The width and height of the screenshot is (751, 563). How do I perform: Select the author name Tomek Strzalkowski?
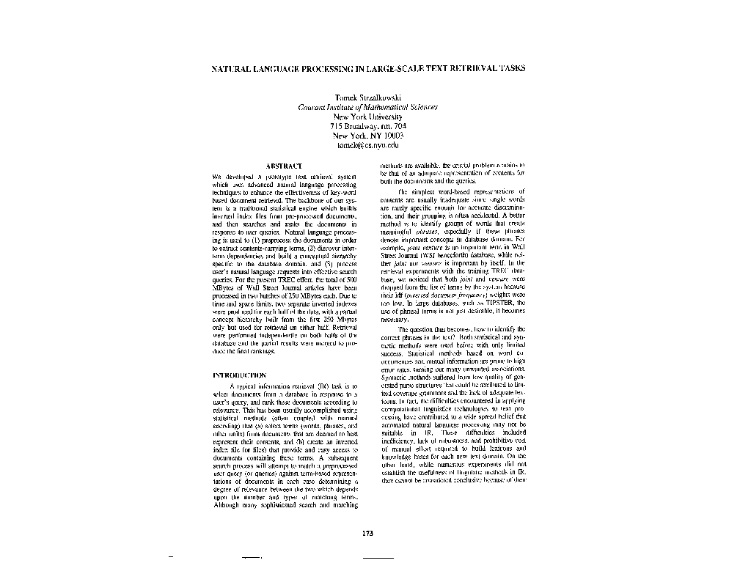point(367,97)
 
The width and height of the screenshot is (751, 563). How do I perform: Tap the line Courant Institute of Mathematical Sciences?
point(367,107)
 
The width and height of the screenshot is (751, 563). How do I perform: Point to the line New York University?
point(367,117)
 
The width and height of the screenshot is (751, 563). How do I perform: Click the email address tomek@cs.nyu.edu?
point(367,145)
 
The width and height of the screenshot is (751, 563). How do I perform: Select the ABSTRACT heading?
point(284,167)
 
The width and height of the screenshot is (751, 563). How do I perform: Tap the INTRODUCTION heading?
point(239,375)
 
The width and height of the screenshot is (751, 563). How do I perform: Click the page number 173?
point(367,534)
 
